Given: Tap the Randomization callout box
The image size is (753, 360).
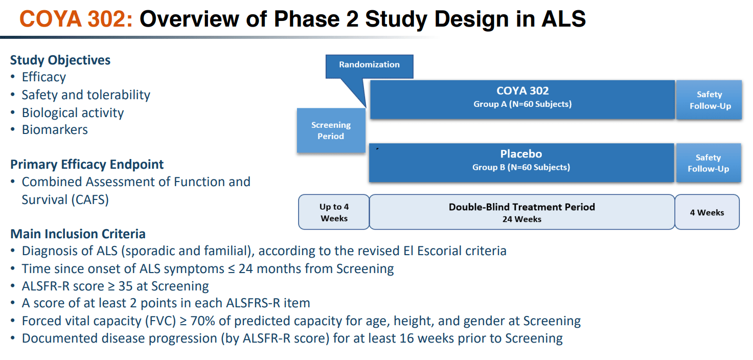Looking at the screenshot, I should pyautogui.click(x=369, y=65).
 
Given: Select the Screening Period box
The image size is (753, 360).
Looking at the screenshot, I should pyautogui.click(x=331, y=130).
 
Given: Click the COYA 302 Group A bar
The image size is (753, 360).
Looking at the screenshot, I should pyautogui.click(x=522, y=99).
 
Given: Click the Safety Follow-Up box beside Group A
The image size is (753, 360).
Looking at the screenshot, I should pyautogui.click(x=709, y=100).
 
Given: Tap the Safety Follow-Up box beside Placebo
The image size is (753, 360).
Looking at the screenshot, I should pyautogui.click(x=708, y=163).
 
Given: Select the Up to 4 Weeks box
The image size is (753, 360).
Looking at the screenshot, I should pyautogui.click(x=334, y=212).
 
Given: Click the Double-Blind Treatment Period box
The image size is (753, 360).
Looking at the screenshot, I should pyautogui.click(x=521, y=212).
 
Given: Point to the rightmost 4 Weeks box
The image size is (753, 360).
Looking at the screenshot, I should pyautogui.click(x=707, y=212).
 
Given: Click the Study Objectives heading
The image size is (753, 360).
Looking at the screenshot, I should pyautogui.click(x=60, y=60).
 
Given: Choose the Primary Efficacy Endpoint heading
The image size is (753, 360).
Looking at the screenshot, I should pyautogui.click(x=87, y=165).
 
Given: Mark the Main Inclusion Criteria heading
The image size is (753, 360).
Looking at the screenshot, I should pyautogui.click(x=78, y=234).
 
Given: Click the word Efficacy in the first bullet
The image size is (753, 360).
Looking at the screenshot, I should pyautogui.click(x=43, y=77).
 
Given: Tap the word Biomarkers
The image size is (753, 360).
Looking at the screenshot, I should pyautogui.click(x=55, y=130).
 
